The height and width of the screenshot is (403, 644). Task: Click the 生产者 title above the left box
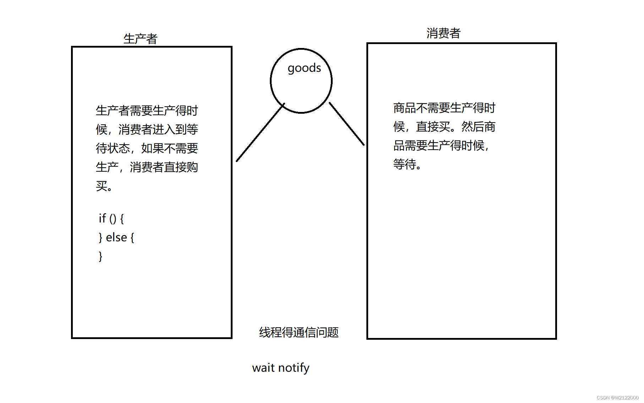pyautogui.click(x=140, y=39)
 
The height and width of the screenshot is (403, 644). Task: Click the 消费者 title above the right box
pyautogui.click(x=443, y=33)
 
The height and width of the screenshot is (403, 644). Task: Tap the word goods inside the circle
pyautogui.click(x=304, y=68)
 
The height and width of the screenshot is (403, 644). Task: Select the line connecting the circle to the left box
pyautogui.click(x=260, y=133)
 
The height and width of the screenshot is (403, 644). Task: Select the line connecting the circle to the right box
pyautogui.click(x=346, y=124)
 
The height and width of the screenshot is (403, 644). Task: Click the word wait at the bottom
pyautogui.click(x=263, y=368)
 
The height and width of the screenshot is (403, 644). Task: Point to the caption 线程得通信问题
pyautogui.click(x=299, y=332)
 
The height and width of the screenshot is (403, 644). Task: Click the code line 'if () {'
pyautogui.click(x=111, y=218)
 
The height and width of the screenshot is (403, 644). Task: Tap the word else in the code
pyautogui.click(x=116, y=237)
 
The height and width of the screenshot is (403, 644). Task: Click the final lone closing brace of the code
pyautogui.click(x=100, y=256)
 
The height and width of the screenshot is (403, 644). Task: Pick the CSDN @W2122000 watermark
pyautogui.click(x=617, y=398)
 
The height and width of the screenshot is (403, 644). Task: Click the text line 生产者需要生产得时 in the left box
pyautogui.click(x=147, y=111)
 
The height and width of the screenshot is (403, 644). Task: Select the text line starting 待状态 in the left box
pyautogui.click(x=147, y=148)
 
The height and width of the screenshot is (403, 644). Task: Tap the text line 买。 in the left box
pyautogui.click(x=104, y=186)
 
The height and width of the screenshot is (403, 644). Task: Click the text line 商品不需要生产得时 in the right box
pyautogui.click(x=444, y=108)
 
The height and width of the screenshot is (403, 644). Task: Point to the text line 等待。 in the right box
pyautogui.click(x=407, y=164)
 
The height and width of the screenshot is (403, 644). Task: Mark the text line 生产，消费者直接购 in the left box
pyautogui.click(x=147, y=167)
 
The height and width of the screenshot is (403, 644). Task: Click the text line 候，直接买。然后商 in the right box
pyautogui.click(x=444, y=127)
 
